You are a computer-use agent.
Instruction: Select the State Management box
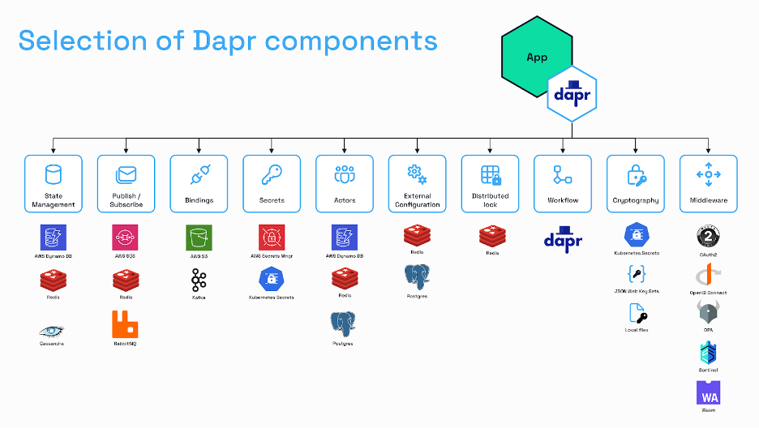[54, 184]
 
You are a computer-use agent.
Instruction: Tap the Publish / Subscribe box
[126, 184]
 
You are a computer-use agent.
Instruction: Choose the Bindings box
[199, 184]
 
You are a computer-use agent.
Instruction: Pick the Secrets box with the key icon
[272, 184]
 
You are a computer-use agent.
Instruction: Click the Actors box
[345, 184]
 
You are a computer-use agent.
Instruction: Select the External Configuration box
[417, 184]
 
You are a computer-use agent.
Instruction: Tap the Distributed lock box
[490, 184]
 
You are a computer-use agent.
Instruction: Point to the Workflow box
[563, 184]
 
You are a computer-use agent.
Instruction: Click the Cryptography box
[636, 184]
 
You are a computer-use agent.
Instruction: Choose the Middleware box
[709, 184]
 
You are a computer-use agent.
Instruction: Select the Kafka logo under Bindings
[199, 280]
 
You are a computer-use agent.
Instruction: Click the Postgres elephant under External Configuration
[417, 277]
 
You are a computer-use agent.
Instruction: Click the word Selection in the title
[75, 40]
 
